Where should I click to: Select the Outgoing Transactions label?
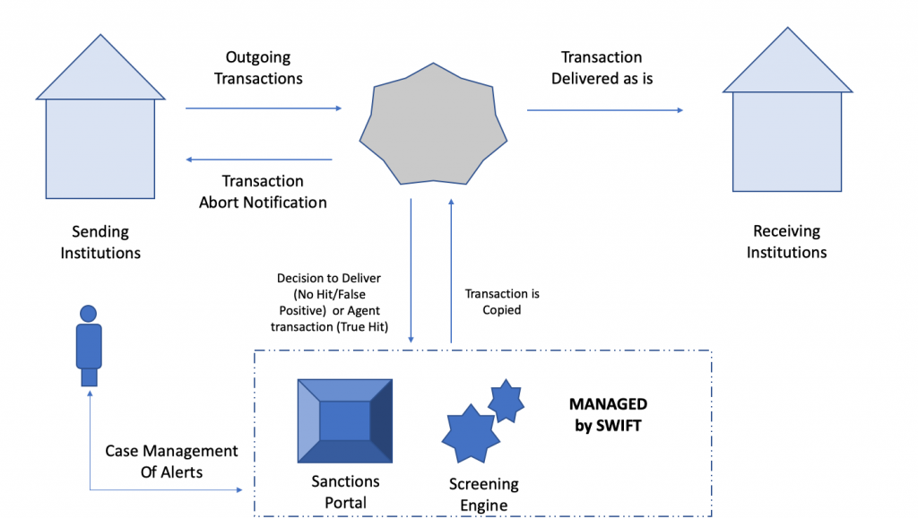(258, 68)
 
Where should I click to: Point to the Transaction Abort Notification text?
(263, 192)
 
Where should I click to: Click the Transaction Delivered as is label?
(602, 68)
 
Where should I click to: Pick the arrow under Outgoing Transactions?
(264, 108)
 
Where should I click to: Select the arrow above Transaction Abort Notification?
(259, 160)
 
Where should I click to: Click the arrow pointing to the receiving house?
(604, 110)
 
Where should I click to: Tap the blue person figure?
(89, 345)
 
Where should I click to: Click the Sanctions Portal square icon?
(345, 420)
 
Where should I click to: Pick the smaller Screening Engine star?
(507, 401)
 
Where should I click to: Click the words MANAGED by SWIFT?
(608, 415)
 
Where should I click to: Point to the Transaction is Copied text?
(502, 301)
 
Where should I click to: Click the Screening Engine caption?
(483, 494)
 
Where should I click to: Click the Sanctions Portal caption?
(345, 492)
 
